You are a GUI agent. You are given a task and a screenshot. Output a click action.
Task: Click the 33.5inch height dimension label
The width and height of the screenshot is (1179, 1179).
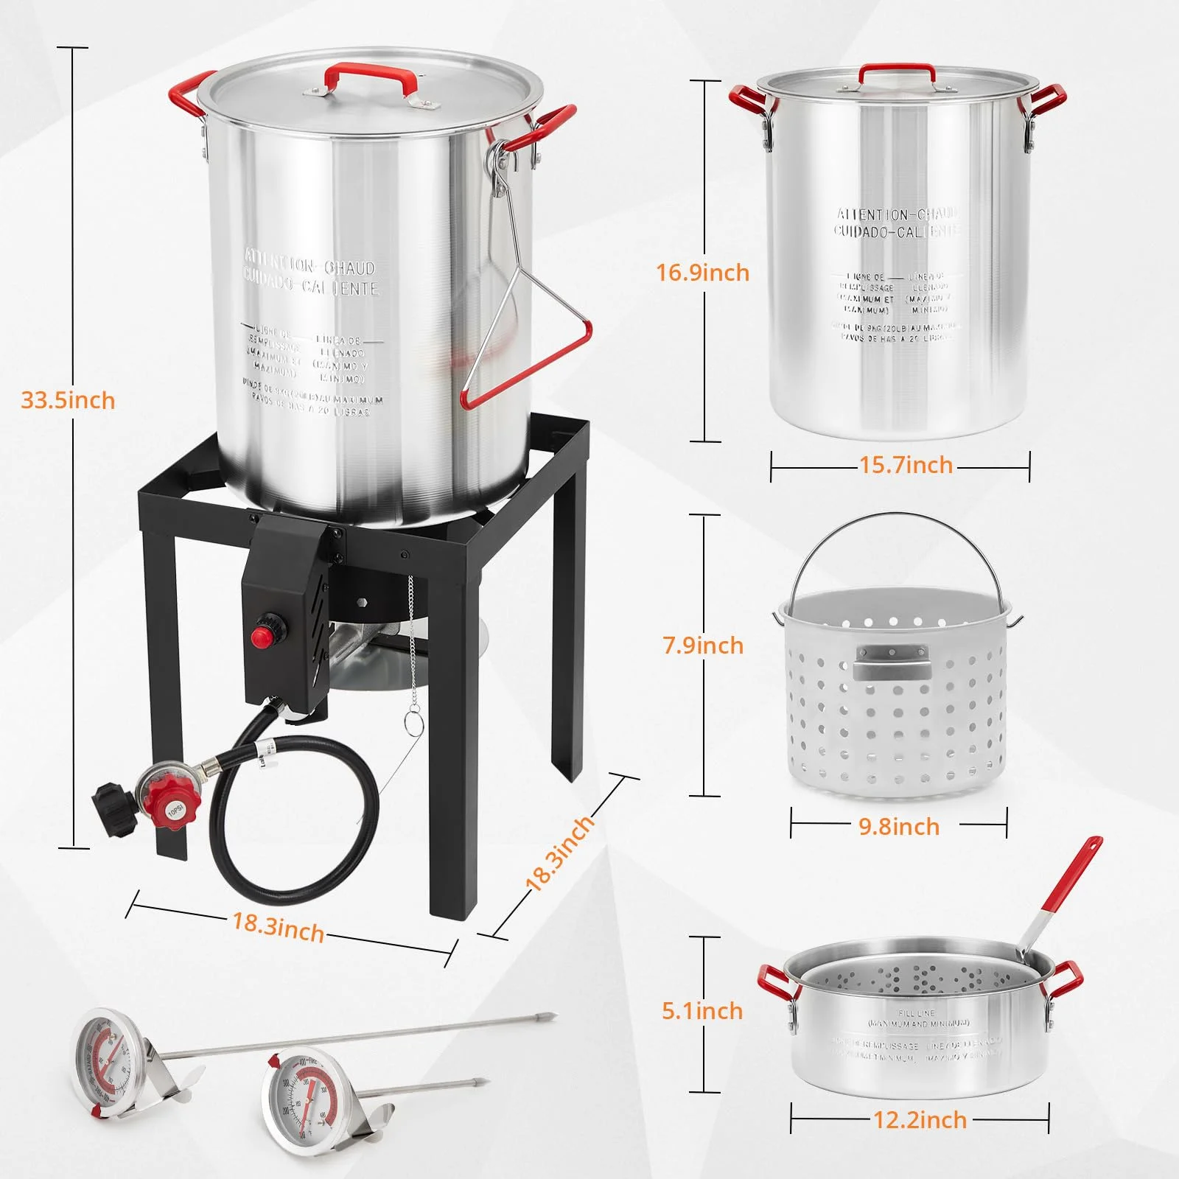(x=68, y=400)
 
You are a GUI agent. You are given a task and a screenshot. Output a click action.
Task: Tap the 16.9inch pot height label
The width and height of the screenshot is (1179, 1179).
(x=702, y=273)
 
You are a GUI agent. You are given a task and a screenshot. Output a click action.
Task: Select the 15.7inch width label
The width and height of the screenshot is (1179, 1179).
(x=906, y=465)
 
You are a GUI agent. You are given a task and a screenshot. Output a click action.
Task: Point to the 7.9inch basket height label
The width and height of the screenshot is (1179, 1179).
(x=702, y=646)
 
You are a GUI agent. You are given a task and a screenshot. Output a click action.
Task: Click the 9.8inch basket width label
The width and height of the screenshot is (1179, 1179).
(x=898, y=826)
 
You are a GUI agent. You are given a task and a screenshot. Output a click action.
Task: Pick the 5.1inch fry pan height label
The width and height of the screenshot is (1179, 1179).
(x=702, y=1010)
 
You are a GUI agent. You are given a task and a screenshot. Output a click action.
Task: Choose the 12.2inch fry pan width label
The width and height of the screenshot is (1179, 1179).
(x=920, y=1120)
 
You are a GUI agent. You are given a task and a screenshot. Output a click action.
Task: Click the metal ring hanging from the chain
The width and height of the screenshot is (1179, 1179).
(x=413, y=724)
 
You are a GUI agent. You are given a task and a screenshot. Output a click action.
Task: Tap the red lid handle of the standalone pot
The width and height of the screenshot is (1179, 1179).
(x=898, y=72)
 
